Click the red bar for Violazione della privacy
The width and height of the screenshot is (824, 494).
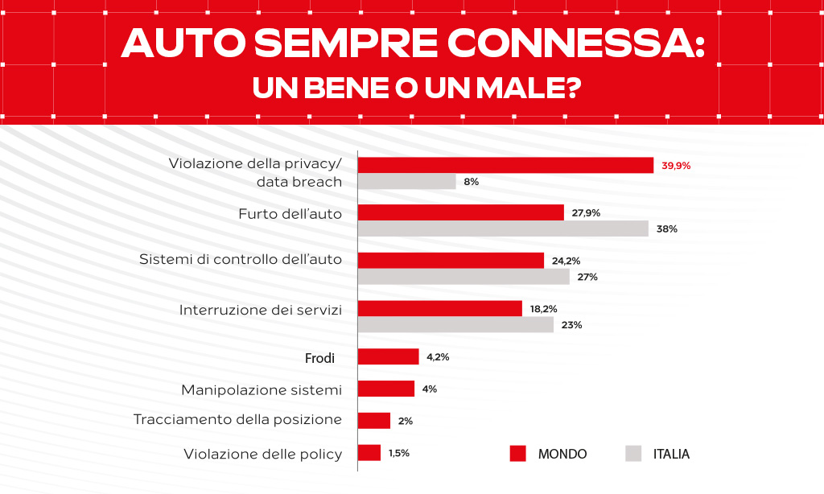click(505, 165)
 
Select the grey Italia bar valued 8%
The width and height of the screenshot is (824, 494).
click(406, 182)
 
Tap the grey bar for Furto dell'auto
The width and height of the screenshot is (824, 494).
click(503, 228)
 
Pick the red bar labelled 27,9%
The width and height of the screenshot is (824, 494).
click(460, 212)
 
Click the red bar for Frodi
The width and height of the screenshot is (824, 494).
click(388, 356)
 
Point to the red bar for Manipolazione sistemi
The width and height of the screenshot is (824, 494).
click(385, 389)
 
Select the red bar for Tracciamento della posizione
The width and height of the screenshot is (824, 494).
click(373, 420)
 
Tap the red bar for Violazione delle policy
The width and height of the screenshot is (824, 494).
click(369, 453)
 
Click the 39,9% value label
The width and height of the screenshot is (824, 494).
click(676, 166)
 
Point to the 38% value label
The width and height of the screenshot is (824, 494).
click(666, 229)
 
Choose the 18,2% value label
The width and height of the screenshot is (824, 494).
click(543, 309)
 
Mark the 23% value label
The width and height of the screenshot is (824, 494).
click(572, 325)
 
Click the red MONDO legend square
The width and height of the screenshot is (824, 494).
click(518, 454)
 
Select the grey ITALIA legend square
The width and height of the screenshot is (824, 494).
click(633, 454)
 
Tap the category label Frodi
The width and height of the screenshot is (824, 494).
click(319, 357)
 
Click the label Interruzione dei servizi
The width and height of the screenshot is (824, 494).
click(261, 310)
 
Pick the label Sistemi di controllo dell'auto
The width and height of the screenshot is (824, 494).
click(241, 260)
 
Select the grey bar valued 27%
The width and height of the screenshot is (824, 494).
click(463, 277)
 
